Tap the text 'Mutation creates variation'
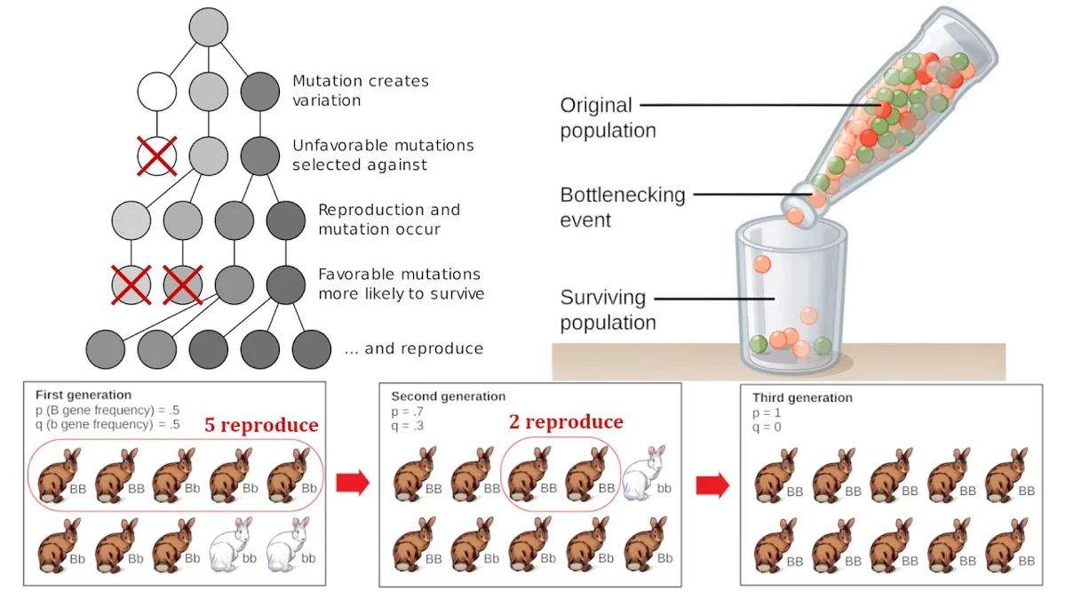pyautogui.click(x=361, y=91)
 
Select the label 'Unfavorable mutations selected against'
pyautogui.click(x=383, y=155)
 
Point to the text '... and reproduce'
pyautogui.click(x=413, y=348)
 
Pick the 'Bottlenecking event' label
pyautogui.click(x=622, y=207)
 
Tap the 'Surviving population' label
pyautogui.click(x=608, y=309)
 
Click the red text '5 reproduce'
pyautogui.click(x=261, y=425)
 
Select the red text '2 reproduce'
pyautogui.click(x=566, y=421)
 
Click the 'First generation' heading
pyautogui.click(x=84, y=395)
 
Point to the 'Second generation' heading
pyautogui.click(x=448, y=396)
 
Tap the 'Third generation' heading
pyautogui.click(x=801, y=397)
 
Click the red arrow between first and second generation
pyautogui.click(x=353, y=483)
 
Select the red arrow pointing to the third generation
pyautogui.click(x=712, y=485)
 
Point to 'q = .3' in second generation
pyautogui.click(x=408, y=425)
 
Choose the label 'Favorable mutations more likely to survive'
pyautogui.click(x=401, y=284)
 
